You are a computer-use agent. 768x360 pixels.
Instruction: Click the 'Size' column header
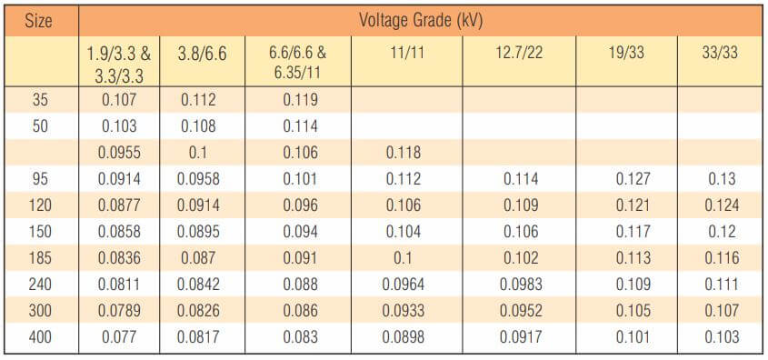pyautogui.click(x=40, y=21)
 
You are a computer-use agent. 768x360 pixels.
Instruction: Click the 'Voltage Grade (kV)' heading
pyautogui.click(x=420, y=21)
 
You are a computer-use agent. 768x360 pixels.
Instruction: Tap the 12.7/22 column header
pyautogui.click(x=519, y=53)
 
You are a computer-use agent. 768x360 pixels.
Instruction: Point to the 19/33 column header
pyautogui.click(x=626, y=53)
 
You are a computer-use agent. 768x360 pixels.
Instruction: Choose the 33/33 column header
pyautogui.click(x=720, y=53)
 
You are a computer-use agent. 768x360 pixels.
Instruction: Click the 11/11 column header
pyautogui.click(x=406, y=53)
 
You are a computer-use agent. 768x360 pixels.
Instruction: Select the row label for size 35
pyautogui.click(x=40, y=100)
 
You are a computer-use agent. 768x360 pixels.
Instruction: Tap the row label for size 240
pyautogui.click(x=40, y=284)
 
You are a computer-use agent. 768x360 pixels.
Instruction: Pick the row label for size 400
pyautogui.click(x=40, y=337)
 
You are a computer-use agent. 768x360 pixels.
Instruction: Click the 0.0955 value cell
pyautogui.click(x=119, y=153)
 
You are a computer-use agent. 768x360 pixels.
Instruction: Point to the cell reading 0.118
pyautogui.click(x=404, y=153)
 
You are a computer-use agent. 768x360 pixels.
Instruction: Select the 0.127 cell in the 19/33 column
pyautogui.click(x=633, y=179)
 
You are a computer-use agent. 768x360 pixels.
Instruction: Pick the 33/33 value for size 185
pyautogui.click(x=722, y=257)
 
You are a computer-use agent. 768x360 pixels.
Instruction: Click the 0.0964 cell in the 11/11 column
pyautogui.click(x=404, y=284)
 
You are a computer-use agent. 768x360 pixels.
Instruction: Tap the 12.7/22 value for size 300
pyautogui.click(x=521, y=311)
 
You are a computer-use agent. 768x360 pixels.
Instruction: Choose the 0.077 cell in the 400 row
pyautogui.click(x=119, y=337)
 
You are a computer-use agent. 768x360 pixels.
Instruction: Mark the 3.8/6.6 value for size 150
pyautogui.click(x=198, y=231)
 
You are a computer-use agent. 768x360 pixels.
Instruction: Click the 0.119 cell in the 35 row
pyautogui.click(x=300, y=100)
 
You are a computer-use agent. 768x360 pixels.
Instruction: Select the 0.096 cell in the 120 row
pyautogui.click(x=300, y=205)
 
